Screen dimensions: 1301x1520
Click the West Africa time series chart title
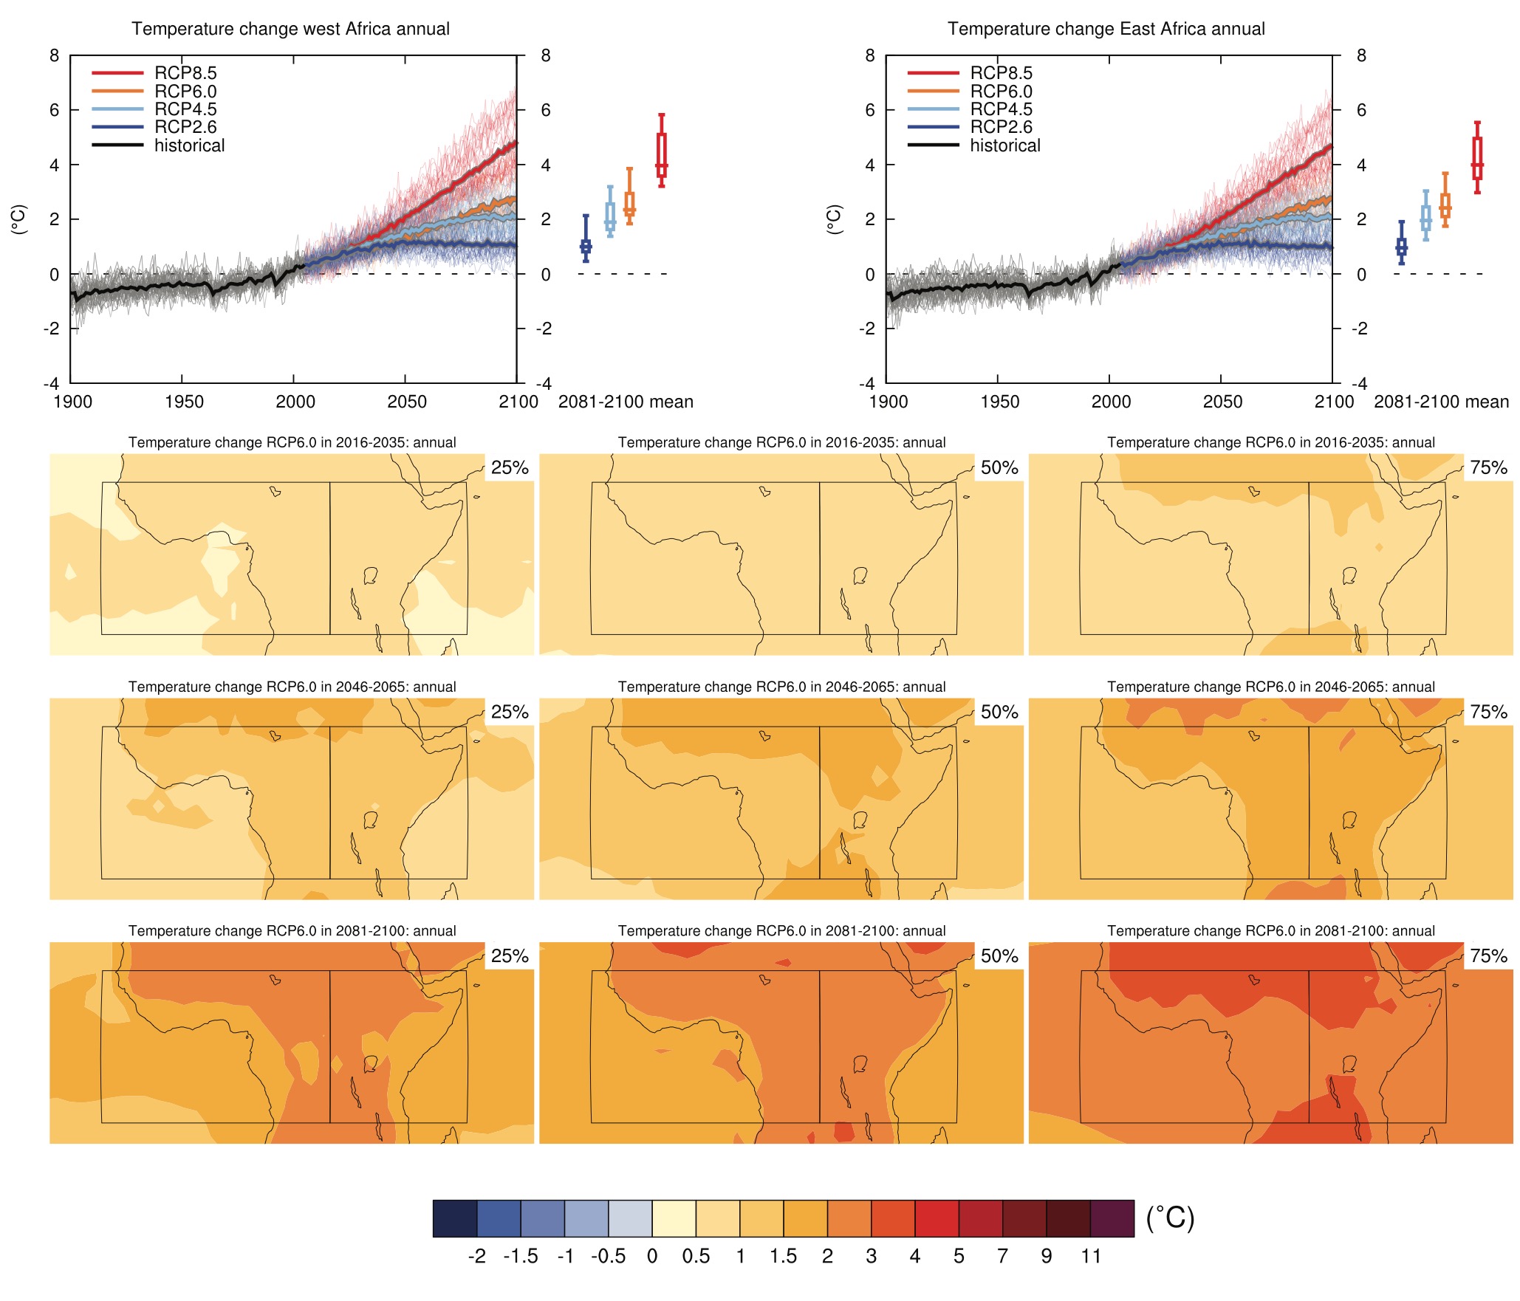point(290,29)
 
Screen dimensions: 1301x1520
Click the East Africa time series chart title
point(1106,29)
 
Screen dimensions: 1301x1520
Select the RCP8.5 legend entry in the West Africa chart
point(185,73)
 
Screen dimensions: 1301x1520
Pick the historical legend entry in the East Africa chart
point(1004,145)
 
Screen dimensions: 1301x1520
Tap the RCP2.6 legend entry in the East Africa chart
point(1001,127)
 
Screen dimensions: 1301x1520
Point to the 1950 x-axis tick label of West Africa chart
point(184,402)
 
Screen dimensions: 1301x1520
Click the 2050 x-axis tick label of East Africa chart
point(1222,402)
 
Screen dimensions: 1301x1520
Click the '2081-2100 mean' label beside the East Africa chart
point(1441,402)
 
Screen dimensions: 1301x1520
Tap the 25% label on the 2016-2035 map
point(510,467)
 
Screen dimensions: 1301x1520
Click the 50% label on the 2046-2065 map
point(999,712)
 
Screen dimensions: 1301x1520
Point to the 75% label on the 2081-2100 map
point(1488,956)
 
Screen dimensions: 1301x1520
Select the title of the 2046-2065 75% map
point(1270,687)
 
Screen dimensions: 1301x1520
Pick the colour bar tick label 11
point(1091,1256)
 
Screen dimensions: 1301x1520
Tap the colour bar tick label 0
point(652,1256)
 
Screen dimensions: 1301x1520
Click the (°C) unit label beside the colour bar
point(1170,1218)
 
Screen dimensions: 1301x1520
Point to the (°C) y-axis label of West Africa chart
point(19,219)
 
